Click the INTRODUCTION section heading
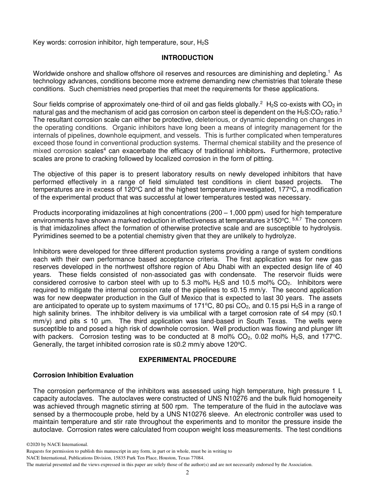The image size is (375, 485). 187,58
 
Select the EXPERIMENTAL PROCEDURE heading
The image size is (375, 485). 187,360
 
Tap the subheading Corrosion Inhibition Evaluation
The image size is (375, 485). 83,375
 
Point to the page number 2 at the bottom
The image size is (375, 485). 187,473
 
